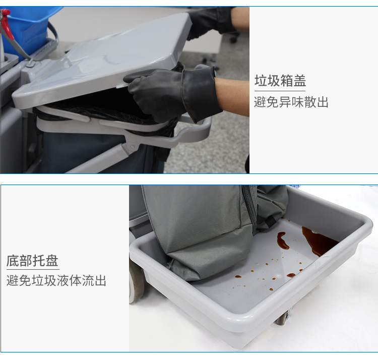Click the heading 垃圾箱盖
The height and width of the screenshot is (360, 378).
pyautogui.click(x=280, y=81)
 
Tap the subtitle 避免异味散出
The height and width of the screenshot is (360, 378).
pyautogui.click(x=291, y=102)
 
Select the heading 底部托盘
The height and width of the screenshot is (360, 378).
pyautogui.click(x=33, y=261)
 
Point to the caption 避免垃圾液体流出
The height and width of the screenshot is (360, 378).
pyautogui.click(x=56, y=280)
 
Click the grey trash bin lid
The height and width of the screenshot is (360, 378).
pyautogui.click(x=101, y=61)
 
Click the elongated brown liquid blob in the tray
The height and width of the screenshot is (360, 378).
pyautogui.click(x=283, y=241)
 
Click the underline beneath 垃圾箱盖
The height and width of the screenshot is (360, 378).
pyautogui.click(x=280, y=91)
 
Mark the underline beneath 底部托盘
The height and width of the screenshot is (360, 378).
pyautogui.click(x=33, y=269)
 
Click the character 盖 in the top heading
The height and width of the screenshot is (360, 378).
pyautogui.click(x=300, y=81)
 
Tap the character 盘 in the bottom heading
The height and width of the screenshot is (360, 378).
pyautogui.click(x=52, y=261)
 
